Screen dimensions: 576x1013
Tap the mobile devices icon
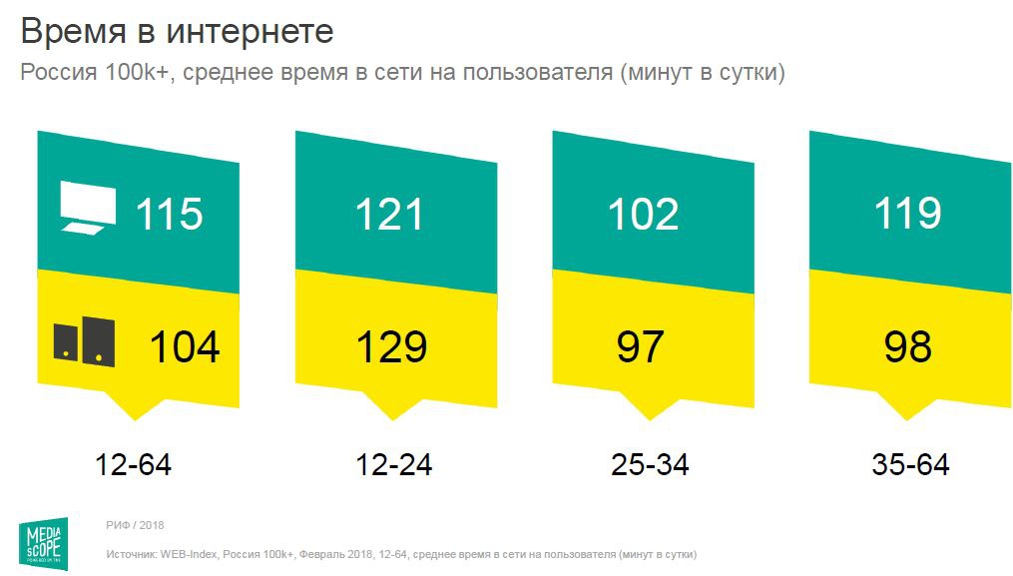[84, 341]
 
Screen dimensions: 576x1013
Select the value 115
[169, 215]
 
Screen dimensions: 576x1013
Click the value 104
[185, 346]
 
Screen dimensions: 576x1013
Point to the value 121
[391, 215]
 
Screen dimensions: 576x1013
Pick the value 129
[391, 346]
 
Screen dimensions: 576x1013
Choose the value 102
[644, 215]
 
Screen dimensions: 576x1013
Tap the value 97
[639, 346]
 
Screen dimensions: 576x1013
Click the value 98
[907, 346]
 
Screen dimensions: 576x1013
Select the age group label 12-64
[134, 464]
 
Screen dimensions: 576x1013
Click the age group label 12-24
[394, 464]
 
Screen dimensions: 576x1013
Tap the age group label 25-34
[650, 464]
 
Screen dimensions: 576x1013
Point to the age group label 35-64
[910, 464]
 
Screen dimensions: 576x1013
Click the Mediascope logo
[47, 540]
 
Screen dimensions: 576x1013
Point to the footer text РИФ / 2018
[135, 524]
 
